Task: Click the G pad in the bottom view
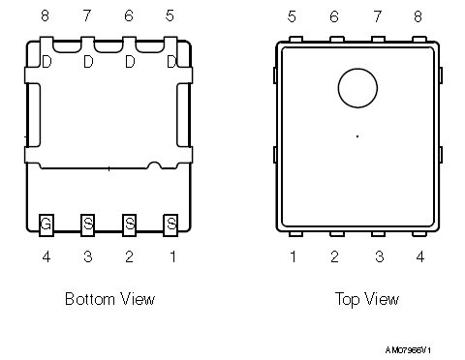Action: [x=46, y=225]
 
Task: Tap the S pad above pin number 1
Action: [x=170, y=225]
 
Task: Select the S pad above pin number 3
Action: [x=87, y=225]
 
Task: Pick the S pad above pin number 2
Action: [x=129, y=225]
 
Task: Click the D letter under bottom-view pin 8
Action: [x=46, y=62]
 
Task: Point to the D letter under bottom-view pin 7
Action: [x=88, y=62]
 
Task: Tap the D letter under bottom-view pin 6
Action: [x=130, y=62]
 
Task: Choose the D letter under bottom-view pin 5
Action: [x=171, y=62]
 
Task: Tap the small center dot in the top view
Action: [x=357, y=136]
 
